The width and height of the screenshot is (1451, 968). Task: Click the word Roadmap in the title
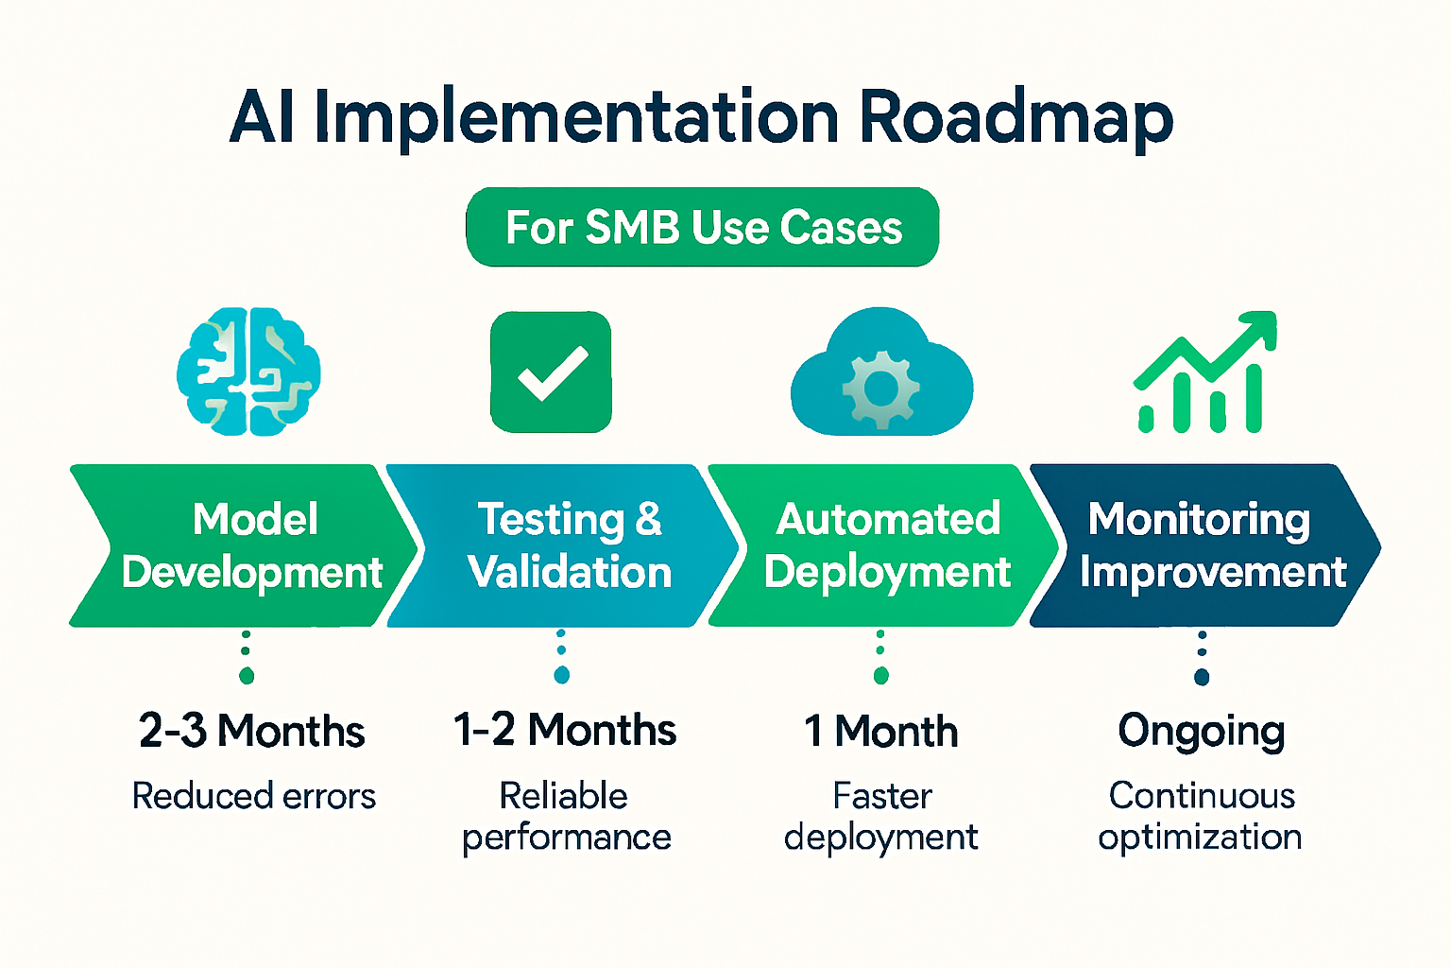[1016, 119]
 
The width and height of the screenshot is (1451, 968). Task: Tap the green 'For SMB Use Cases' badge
[703, 228]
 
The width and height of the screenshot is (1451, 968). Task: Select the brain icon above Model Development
[248, 372]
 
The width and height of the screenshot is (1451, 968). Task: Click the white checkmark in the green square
[552, 372]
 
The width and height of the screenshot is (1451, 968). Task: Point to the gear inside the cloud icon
[880, 387]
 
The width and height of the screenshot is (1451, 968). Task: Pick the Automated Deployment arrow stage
[887, 545]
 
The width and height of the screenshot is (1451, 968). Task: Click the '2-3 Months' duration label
[251, 731]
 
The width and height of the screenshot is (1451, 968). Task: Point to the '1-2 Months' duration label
[565, 730]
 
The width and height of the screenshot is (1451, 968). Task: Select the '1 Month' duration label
[880, 731]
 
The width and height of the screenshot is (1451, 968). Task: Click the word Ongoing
[1202, 732]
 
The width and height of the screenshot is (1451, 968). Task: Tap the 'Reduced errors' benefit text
[253, 796]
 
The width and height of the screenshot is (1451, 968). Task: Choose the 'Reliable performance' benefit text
[566, 816]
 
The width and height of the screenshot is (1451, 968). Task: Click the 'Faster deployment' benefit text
[881, 816]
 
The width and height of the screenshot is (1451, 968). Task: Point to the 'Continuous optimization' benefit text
[1201, 816]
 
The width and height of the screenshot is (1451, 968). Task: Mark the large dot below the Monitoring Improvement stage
[1202, 677]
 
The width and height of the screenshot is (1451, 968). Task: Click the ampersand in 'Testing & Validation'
[648, 519]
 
